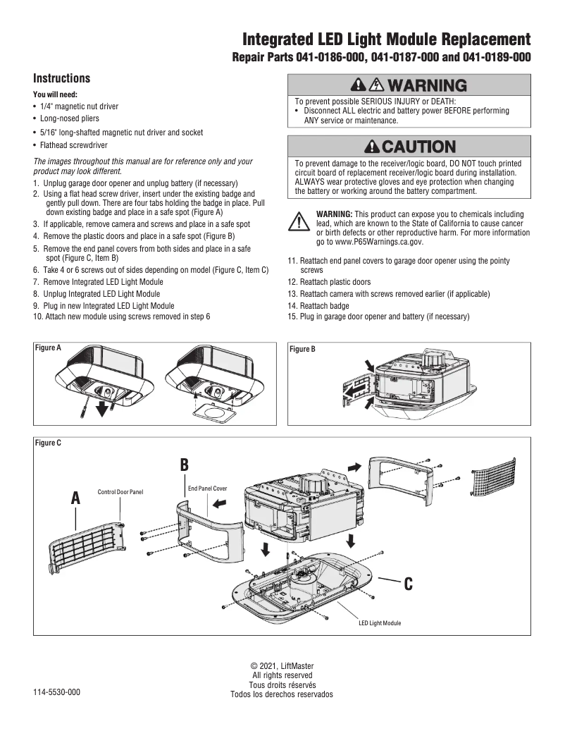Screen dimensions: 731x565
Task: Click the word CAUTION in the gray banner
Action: point(418,147)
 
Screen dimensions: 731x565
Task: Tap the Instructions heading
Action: point(62,78)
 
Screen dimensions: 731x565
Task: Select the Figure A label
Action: point(49,348)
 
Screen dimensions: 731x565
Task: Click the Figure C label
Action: point(49,443)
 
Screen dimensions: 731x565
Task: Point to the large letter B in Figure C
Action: point(184,465)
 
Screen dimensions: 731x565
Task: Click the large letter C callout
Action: point(409,584)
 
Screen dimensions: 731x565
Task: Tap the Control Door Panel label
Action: point(120,492)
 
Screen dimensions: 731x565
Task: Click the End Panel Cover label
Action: point(207,488)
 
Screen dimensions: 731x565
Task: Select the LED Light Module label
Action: point(380,623)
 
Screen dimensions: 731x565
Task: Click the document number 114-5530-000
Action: point(56,692)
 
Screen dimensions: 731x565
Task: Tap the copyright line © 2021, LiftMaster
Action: point(282,666)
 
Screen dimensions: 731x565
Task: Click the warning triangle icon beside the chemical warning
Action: point(300,222)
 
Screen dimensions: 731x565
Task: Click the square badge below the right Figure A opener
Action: point(213,410)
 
